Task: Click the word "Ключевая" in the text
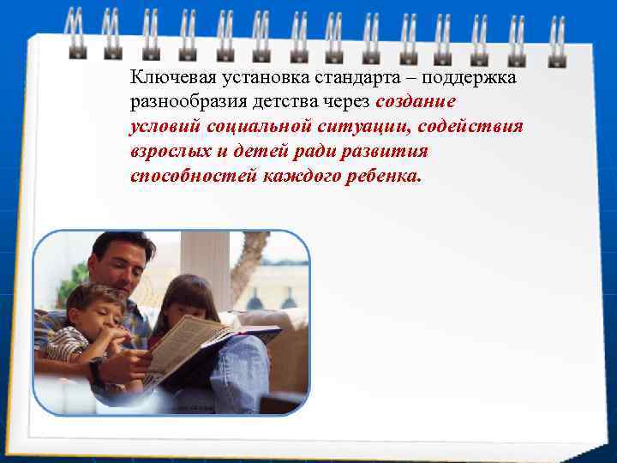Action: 166,77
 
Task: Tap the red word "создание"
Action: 416,102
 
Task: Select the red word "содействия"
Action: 475,127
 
